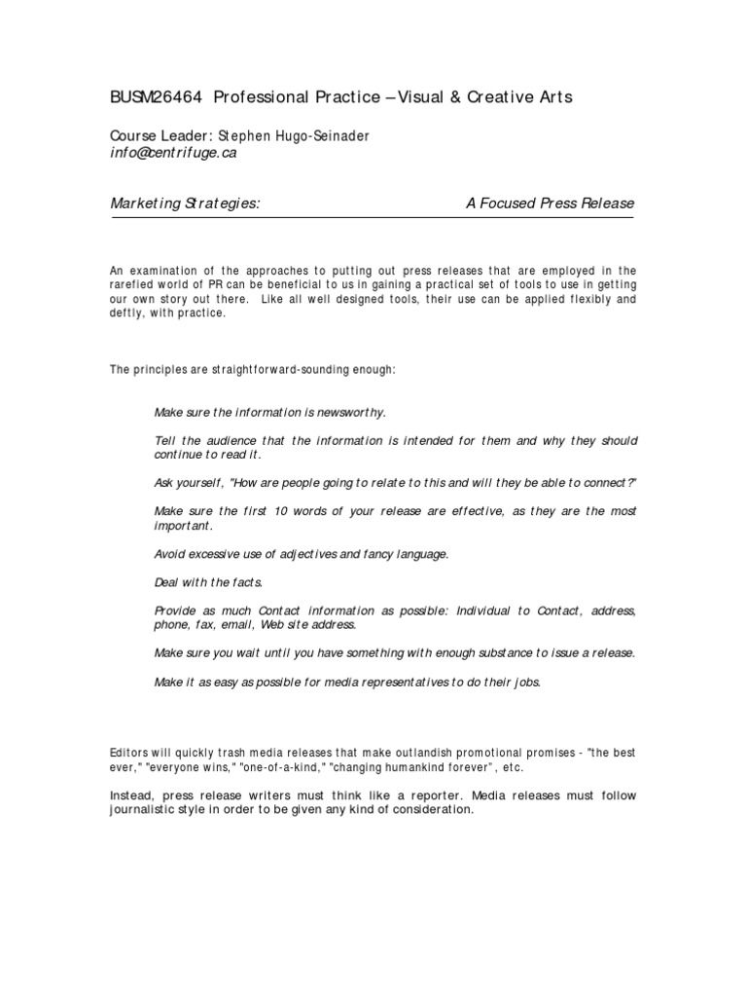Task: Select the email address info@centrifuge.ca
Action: point(172,153)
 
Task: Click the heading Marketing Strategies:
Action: point(186,203)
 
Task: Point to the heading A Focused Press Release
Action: point(551,203)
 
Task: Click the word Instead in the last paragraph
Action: point(131,795)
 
